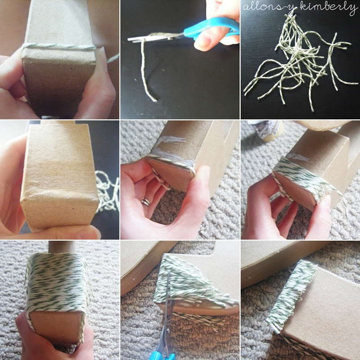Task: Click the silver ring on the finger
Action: click(x=146, y=202)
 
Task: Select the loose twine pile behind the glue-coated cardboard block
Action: click(x=108, y=191)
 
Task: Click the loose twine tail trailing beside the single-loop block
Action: click(x=113, y=58)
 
